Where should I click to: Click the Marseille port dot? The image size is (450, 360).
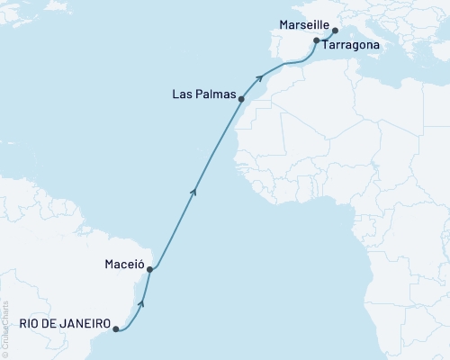(x=335, y=30)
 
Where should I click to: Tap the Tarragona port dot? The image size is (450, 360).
(x=316, y=41)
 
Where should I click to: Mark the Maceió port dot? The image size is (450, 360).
(x=150, y=269)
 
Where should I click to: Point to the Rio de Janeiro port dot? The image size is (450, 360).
(x=115, y=329)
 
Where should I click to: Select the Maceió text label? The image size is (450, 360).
(x=121, y=265)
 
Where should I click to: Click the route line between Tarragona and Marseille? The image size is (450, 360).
(x=325, y=34)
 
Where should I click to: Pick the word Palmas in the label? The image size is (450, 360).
(x=220, y=94)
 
